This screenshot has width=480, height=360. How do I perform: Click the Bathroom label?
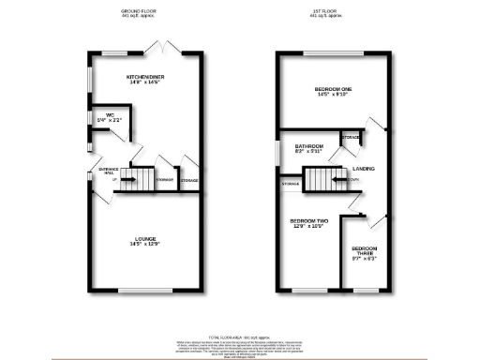(x=309, y=146)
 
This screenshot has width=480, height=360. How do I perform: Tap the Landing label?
(x=364, y=169)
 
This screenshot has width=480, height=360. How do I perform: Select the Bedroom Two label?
(x=308, y=220)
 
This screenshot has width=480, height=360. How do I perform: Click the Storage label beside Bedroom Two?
(x=291, y=184)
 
